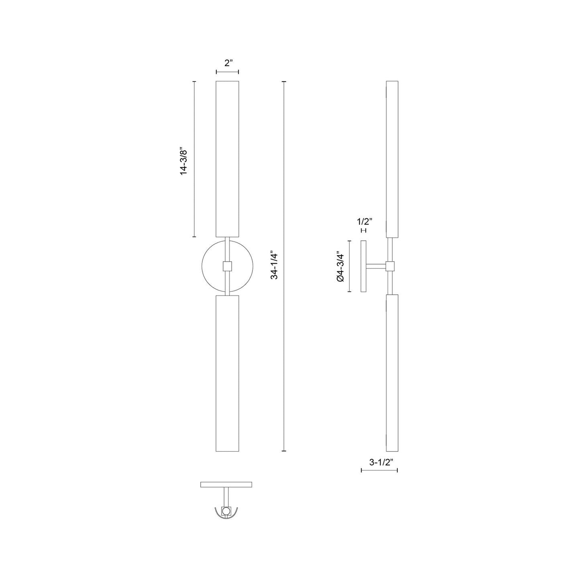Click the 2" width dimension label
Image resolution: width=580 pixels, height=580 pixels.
point(228,63)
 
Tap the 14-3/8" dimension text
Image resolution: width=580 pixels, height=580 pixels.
point(184,161)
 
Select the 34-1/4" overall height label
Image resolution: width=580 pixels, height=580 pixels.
point(274,265)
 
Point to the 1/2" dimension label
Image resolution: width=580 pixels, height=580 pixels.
point(364,221)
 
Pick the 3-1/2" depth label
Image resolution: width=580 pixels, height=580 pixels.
point(379,462)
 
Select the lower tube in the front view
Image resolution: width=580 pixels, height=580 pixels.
point(228,373)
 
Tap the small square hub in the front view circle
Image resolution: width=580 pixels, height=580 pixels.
point(228,266)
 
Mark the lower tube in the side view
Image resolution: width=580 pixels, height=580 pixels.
point(392,373)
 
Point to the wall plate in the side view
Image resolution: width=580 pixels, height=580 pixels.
point(364,266)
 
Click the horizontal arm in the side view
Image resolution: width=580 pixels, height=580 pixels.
point(376,266)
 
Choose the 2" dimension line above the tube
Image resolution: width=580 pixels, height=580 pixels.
point(228,72)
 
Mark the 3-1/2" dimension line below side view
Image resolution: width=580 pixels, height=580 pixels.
point(379,470)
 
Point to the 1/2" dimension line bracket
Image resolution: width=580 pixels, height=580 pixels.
point(364,230)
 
